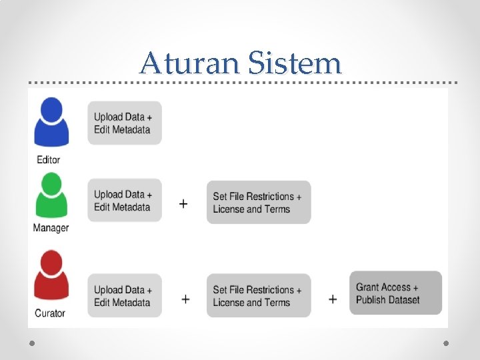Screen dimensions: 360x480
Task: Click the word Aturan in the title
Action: tap(189, 63)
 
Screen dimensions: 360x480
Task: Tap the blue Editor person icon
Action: tap(51, 123)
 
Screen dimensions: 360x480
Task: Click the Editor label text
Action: tap(49, 160)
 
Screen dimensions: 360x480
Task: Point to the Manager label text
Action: tap(51, 228)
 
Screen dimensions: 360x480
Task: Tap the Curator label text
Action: tap(49, 313)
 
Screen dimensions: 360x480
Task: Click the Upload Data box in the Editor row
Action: tap(124, 123)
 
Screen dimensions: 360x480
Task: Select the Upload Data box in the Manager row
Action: tap(124, 201)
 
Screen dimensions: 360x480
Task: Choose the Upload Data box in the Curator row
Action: tap(124, 296)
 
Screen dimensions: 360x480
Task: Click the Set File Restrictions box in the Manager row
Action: tap(258, 203)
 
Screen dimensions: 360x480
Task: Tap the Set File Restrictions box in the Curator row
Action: tap(258, 296)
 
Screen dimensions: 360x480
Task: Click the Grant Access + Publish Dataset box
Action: tap(395, 293)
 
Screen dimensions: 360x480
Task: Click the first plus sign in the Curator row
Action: tap(185, 299)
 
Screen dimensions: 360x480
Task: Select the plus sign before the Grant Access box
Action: tap(333, 299)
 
